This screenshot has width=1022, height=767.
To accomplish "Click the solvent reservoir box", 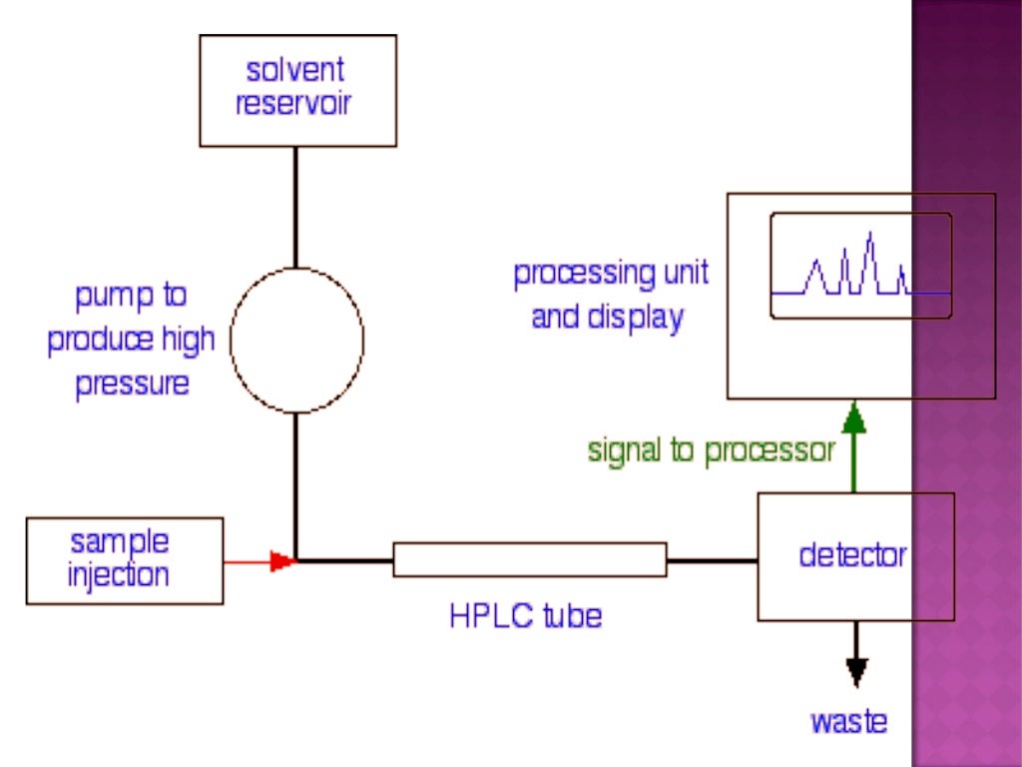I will click(x=297, y=90).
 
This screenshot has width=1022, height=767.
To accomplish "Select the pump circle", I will click(x=296, y=340).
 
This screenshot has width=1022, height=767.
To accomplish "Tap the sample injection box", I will click(x=124, y=559).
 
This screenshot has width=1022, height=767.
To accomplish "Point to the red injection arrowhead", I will click(x=284, y=561).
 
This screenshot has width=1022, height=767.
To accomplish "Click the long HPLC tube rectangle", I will click(x=529, y=559).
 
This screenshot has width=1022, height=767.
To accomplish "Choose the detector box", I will click(x=855, y=556).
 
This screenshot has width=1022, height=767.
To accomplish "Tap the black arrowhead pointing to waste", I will click(x=855, y=671).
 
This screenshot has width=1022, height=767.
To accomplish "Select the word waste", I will click(x=848, y=721).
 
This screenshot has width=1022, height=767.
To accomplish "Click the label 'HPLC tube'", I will click(x=525, y=615).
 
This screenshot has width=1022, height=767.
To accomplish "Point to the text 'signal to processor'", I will click(x=711, y=450).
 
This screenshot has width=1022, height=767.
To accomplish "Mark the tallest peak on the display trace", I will click(x=871, y=238).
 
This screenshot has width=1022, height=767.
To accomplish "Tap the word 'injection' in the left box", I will click(x=119, y=575).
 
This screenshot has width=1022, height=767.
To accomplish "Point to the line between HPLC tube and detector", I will click(x=712, y=560).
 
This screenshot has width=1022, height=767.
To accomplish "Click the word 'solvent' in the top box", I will click(x=295, y=71).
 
